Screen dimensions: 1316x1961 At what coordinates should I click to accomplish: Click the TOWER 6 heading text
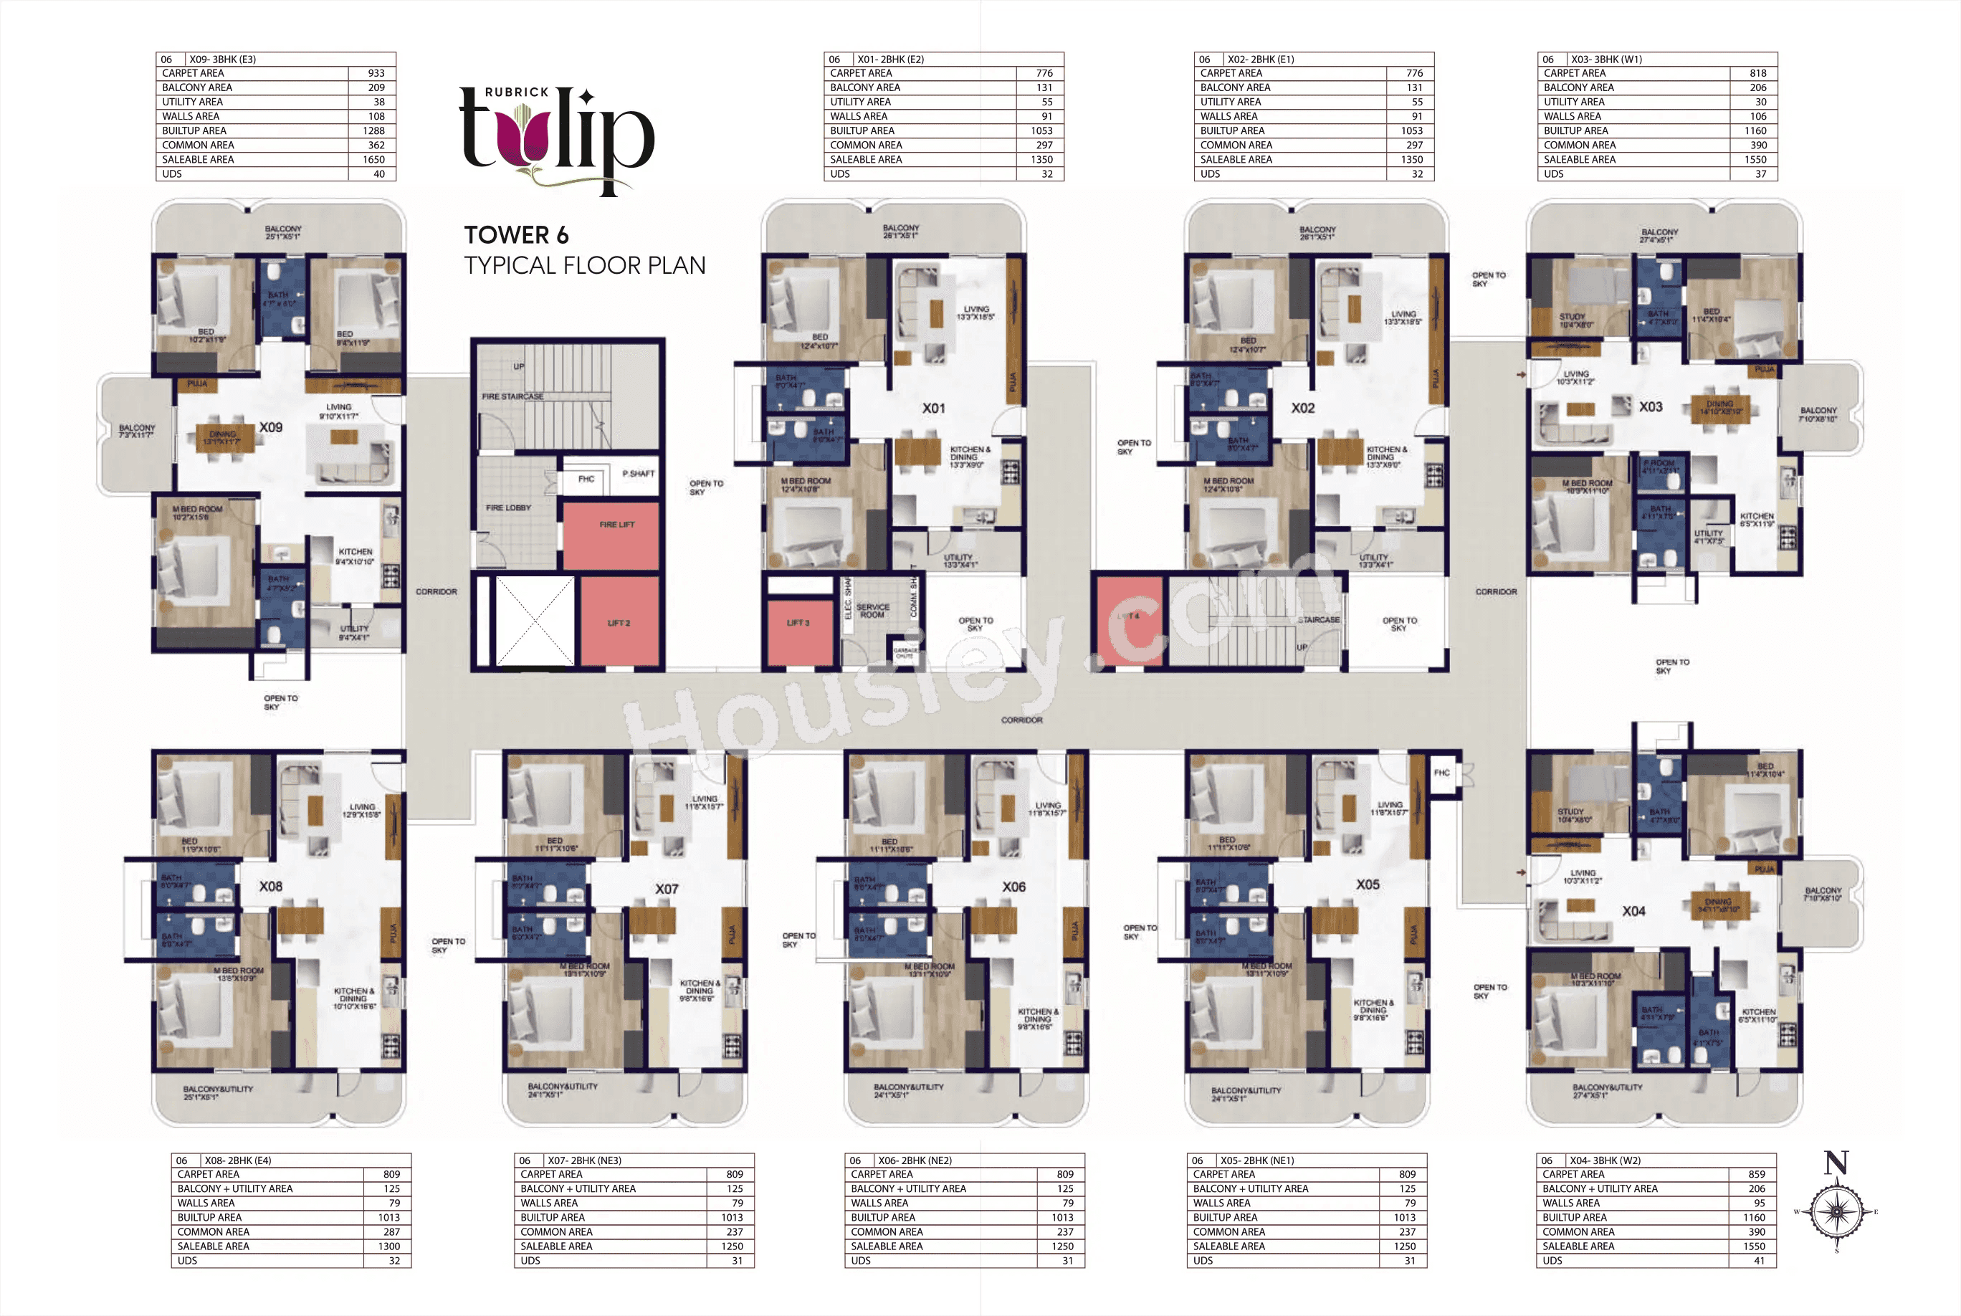click(x=516, y=235)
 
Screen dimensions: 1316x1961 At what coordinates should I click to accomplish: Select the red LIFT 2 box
click(x=619, y=622)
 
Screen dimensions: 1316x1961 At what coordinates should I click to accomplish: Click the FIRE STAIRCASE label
click(x=512, y=396)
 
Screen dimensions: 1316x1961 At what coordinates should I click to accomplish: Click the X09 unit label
click(x=270, y=427)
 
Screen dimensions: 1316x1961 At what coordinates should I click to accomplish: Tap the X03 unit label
click(x=1651, y=407)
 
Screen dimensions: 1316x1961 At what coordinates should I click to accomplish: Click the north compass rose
click(x=1837, y=1211)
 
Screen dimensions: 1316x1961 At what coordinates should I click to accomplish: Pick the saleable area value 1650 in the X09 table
click(x=373, y=159)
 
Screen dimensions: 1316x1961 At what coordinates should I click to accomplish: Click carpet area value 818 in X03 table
click(x=1757, y=73)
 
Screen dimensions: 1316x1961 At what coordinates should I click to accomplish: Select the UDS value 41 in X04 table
click(x=1759, y=1261)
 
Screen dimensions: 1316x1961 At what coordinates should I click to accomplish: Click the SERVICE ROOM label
click(x=873, y=610)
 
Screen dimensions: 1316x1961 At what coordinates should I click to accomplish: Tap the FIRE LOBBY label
click(x=507, y=507)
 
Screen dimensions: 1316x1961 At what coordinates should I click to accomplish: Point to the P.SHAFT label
click(x=638, y=473)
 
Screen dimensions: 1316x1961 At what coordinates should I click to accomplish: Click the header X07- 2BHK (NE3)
click(x=584, y=1160)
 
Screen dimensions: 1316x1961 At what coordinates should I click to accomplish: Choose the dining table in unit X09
click(x=224, y=438)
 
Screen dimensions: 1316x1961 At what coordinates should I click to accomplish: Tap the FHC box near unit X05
click(x=1441, y=773)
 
